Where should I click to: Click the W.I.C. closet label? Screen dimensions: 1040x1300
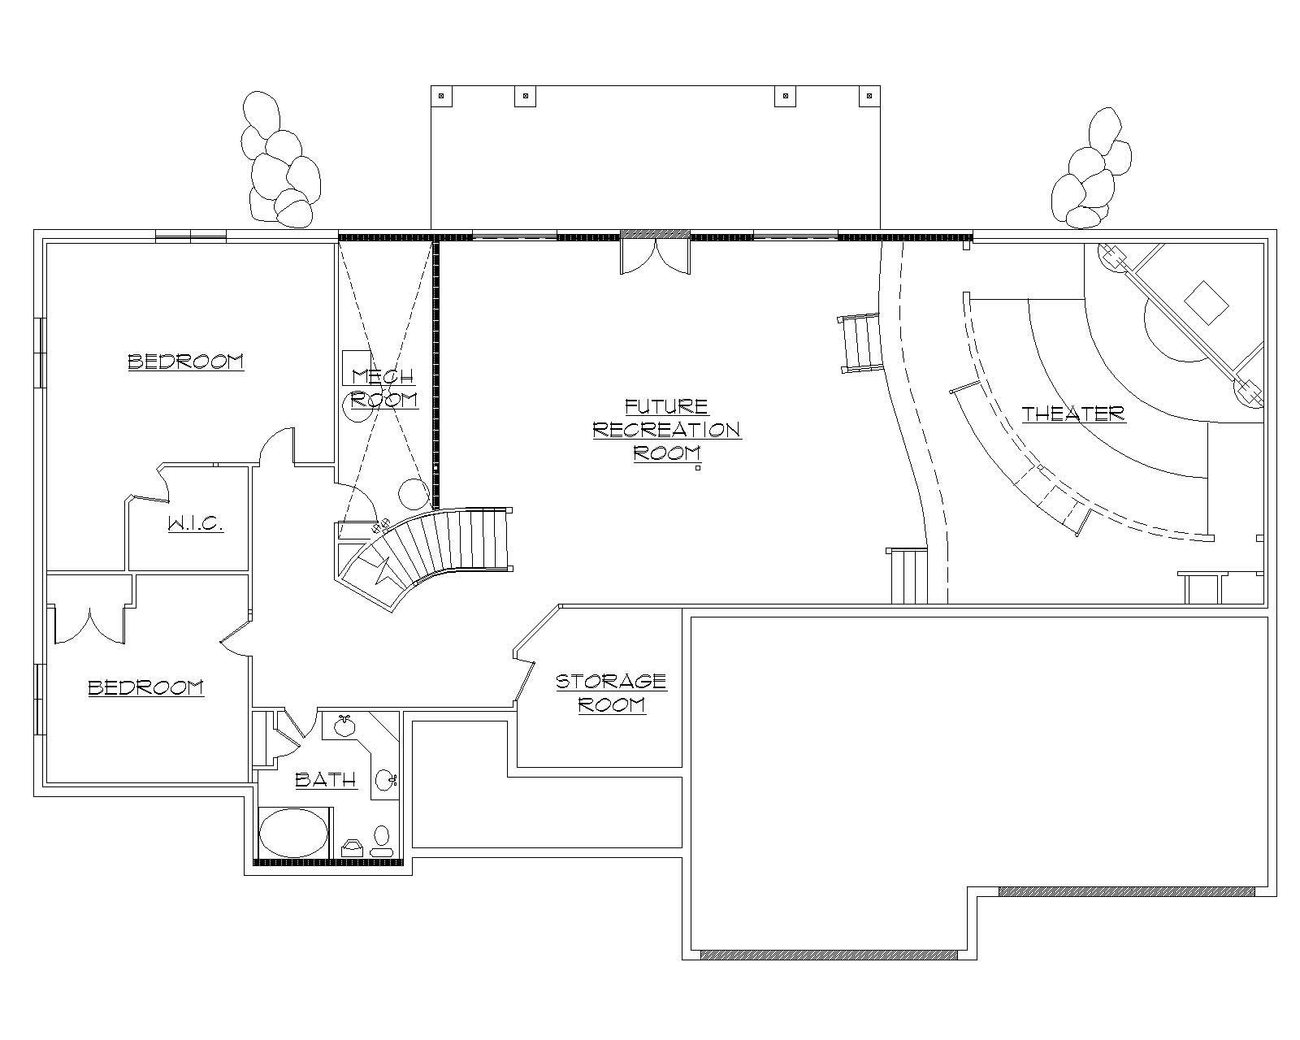point(196,524)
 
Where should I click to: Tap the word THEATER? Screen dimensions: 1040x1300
point(1073,414)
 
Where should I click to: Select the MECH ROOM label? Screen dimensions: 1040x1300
point(383,388)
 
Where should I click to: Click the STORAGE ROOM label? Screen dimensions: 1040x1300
point(611,692)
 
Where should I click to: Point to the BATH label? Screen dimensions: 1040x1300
point(325,780)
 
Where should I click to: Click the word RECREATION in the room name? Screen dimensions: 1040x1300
point(666,429)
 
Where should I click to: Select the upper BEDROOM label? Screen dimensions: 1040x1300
point(186,361)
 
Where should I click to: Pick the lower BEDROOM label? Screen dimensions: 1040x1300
point(145,687)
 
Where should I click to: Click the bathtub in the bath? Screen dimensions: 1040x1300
point(293,832)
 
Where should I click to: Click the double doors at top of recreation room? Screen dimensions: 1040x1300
point(655,255)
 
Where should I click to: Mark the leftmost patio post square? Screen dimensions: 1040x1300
point(443,96)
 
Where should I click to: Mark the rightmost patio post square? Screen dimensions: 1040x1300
point(869,96)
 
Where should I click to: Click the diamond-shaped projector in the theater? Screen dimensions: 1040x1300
point(1206,302)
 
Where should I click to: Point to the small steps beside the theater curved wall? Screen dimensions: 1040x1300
point(861,343)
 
